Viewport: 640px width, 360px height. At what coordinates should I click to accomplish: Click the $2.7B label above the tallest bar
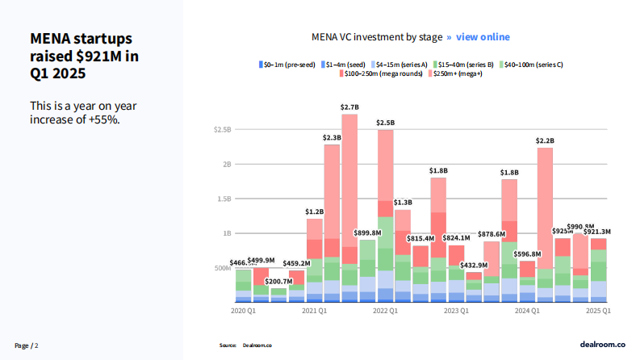point(349,107)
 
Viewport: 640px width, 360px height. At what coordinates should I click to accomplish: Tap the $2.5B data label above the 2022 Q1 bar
point(386,123)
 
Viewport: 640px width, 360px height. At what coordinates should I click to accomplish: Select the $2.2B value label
point(546,140)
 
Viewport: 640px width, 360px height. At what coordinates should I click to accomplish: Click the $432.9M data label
point(474,265)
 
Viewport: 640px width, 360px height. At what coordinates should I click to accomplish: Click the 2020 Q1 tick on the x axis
point(243,311)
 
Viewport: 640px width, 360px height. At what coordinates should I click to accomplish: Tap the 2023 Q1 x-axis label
point(456,311)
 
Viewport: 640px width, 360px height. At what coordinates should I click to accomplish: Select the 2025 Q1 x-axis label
point(597,311)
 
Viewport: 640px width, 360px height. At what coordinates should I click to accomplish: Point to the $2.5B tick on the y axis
point(223,129)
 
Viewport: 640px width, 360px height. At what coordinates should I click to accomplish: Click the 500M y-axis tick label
point(223,268)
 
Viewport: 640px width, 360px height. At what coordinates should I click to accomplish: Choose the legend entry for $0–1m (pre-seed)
point(287,64)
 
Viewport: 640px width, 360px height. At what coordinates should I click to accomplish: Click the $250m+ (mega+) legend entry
point(458,73)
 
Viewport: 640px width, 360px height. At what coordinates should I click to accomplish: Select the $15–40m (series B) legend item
point(466,64)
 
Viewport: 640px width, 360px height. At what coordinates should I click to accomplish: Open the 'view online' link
point(483,37)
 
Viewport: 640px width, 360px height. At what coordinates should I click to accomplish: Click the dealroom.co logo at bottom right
point(603,345)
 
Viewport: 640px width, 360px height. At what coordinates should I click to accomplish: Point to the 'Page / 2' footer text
point(26,345)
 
